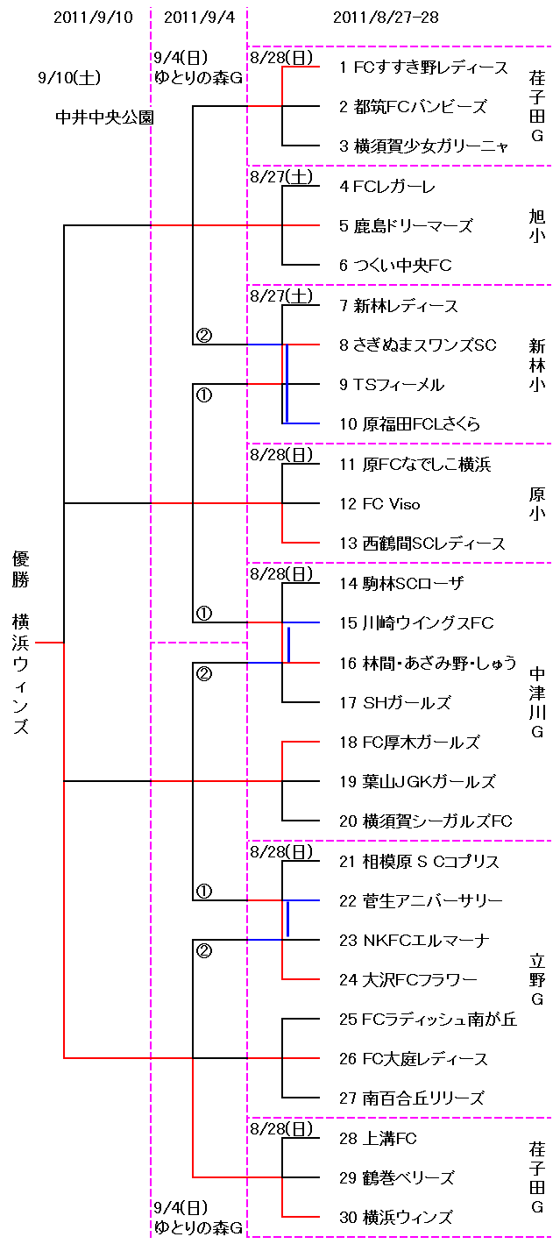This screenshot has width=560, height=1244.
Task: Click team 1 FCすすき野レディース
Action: [423, 68]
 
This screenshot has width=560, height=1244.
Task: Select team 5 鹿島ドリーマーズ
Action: [406, 226]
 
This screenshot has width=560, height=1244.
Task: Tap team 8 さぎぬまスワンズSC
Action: [417, 345]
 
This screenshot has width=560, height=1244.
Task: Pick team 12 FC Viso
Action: [379, 504]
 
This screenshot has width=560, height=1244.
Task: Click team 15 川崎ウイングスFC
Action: [416, 623]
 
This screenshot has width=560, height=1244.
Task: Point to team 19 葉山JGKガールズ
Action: [417, 782]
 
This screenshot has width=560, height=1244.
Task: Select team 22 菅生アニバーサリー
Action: [421, 901]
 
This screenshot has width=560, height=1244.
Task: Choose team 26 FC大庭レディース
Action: [413, 1059]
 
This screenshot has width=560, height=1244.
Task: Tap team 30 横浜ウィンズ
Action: [395, 1218]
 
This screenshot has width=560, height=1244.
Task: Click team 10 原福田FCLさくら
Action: [409, 424]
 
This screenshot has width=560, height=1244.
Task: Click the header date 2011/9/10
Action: [94, 18]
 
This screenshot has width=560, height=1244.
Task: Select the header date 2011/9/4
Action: [199, 18]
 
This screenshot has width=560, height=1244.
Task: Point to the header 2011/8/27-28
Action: [386, 18]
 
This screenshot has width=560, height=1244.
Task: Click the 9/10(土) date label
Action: [69, 78]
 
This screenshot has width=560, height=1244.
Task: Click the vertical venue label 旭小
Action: [537, 224]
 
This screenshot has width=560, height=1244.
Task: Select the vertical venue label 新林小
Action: [537, 365]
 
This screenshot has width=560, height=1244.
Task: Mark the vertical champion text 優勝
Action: [21, 569]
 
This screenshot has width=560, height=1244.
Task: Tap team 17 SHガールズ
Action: [395, 703]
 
